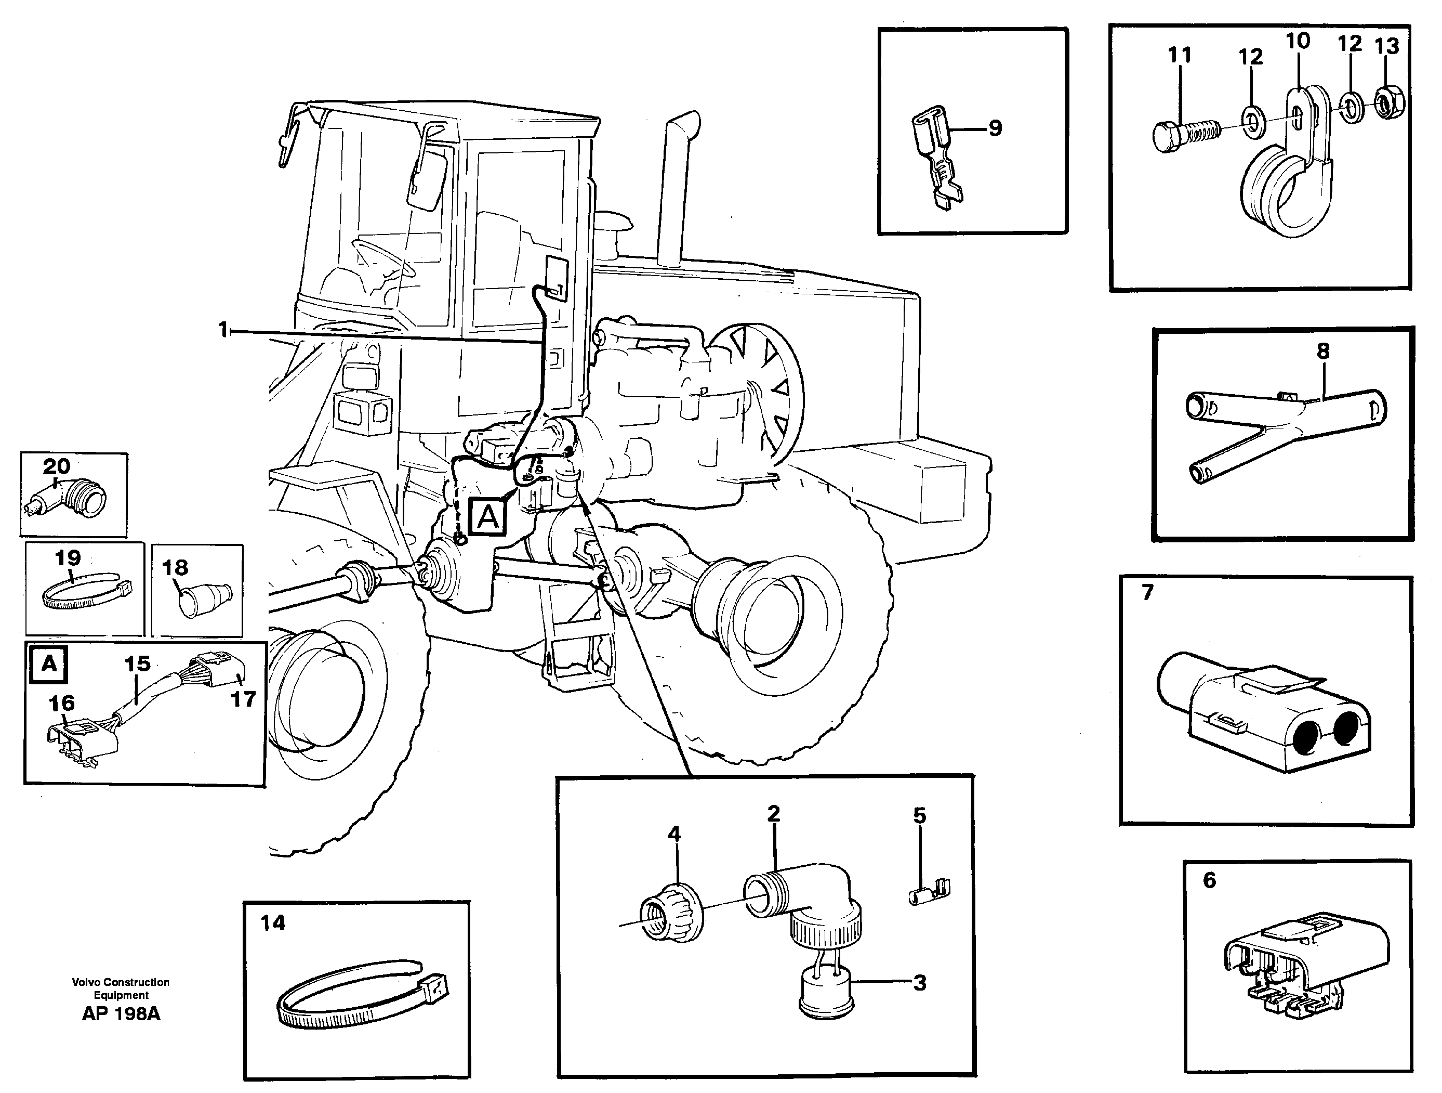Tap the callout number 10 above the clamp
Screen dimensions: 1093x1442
tap(1297, 41)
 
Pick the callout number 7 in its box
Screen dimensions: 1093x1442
tap(1147, 592)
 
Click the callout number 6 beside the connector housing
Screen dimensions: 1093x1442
tap(1209, 880)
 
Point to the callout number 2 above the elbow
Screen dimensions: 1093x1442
tap(773, 814)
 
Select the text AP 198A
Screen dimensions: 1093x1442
tap(121, 1013)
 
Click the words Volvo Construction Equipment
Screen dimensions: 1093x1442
tap(121, 988)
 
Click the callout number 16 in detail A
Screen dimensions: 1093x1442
tap(62, 703)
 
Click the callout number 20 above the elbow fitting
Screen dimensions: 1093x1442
tap(57, 466)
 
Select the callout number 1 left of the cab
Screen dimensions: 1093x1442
tap(223, 330)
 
